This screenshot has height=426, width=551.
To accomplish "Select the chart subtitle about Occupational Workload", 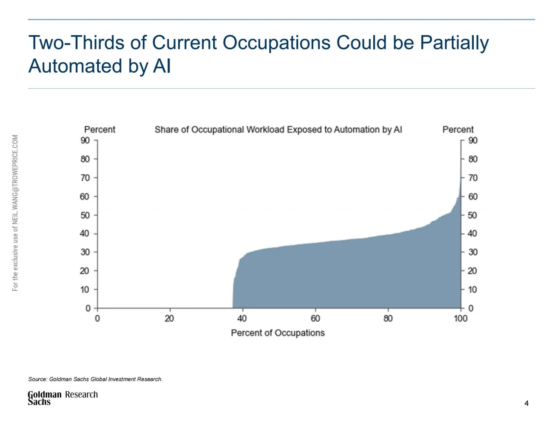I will pyautogui.click(x=278, y=130).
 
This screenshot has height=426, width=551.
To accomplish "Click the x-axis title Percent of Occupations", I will pyautogui.click(x=278, y=333).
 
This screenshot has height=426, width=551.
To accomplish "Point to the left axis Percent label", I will pyautogui.click(x=100, y=130).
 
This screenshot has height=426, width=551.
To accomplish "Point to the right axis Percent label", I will pyautogui.click(x=458, y=130).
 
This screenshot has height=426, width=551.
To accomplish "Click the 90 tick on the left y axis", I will pyautogui.click(x=85, y=140).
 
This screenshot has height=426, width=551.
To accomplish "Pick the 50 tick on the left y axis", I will pyautogui.click(x=85, y=215).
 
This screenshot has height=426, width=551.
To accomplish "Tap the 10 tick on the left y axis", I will pyautogui.click(x=85, y=290).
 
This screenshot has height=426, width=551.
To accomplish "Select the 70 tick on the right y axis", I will pyautogui.click(x=473, y=178).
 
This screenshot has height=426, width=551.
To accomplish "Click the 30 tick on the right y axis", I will pyautogui.click(x=473, y=252).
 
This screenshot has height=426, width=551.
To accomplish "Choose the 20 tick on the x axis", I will pyautogui.click(x=169, y=318).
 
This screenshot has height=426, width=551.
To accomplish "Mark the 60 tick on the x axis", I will pyautogui.click(x=315, y=318).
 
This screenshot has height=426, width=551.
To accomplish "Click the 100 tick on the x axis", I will pyautogui.click(x=460, y=318).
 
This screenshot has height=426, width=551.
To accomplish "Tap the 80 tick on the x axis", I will pyautogui.click(x=388, y=318).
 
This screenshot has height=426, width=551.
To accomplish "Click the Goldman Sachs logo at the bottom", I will pyautogui.click(x=44, y=398).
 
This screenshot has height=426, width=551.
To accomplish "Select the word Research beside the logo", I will pyautogui.click(x=82, y=394).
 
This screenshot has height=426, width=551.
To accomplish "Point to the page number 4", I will pyautogui.click(x=527, y=403).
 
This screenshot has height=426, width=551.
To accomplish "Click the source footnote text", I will pyautogui.click(x=95, y=379).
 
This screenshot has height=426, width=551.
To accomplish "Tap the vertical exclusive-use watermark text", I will pyautogui.click(x=15, y=213).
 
